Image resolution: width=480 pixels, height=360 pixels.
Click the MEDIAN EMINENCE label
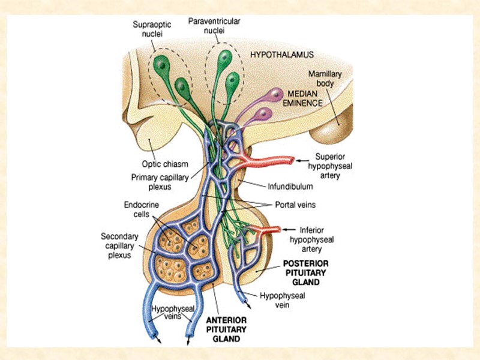click(305, 99)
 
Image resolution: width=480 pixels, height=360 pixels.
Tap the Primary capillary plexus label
click(153, 182)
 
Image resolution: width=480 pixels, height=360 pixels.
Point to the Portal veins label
click(296, 205)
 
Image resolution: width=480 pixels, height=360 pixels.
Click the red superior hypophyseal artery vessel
click(270, 161)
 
